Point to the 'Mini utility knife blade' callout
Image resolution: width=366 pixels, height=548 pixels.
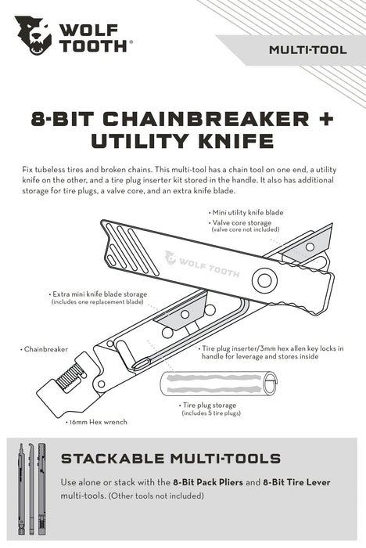pos(248,212)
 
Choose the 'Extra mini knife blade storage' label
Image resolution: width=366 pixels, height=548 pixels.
pos(95,293)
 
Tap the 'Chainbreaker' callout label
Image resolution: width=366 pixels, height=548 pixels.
pos(47,349)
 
